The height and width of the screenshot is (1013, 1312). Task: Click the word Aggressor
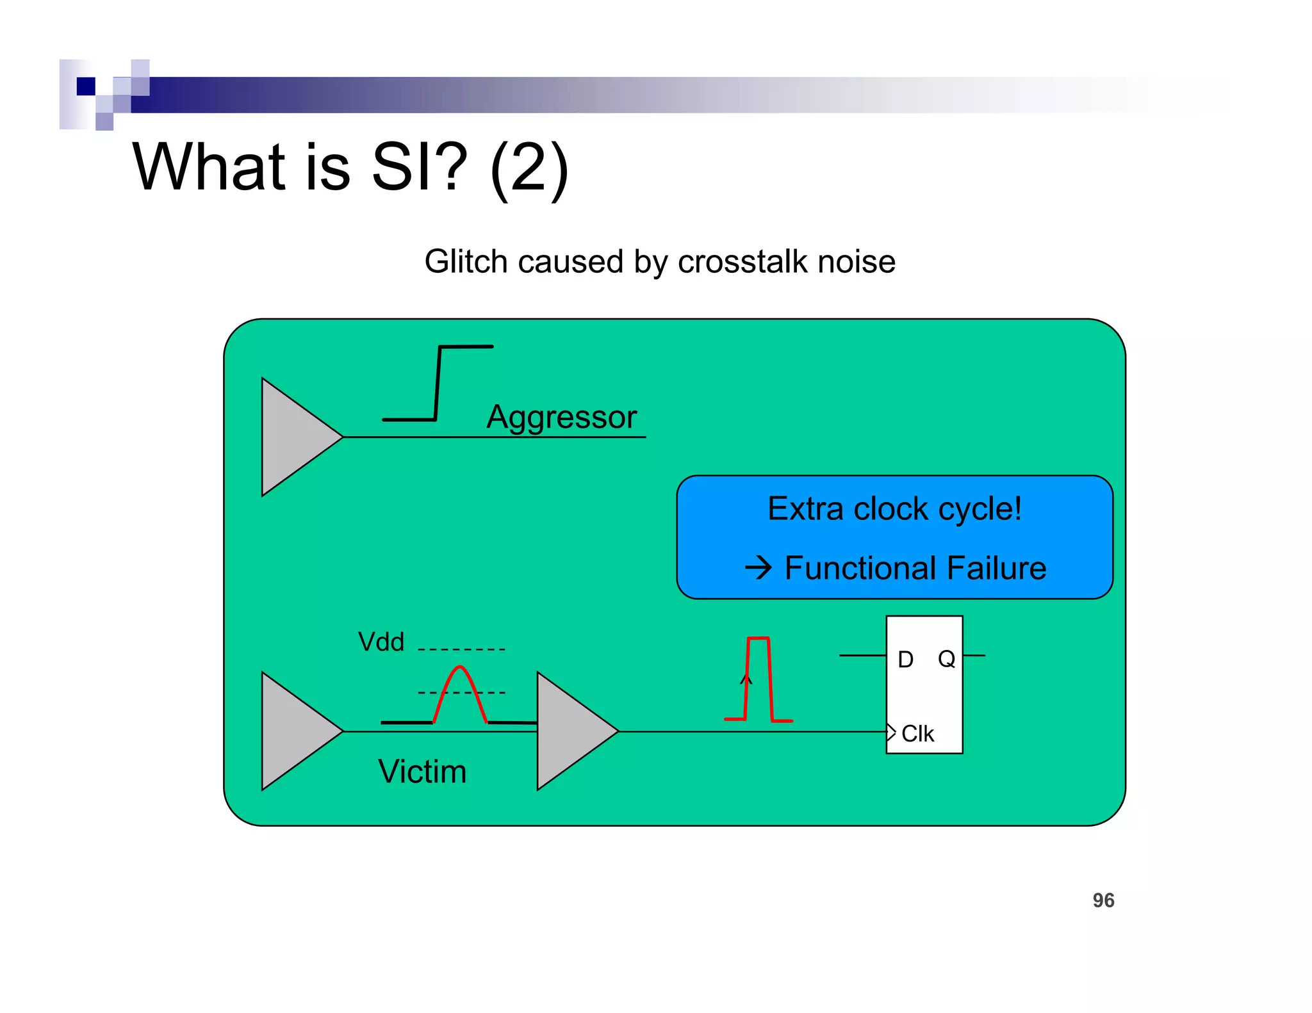tap(561, 417)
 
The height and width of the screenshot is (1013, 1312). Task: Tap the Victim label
tap(422, 771)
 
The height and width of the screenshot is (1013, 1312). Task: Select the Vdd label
tap(381, 642)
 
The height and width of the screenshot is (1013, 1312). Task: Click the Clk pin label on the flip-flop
tap(917, 734)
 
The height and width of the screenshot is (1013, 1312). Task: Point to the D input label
tap(905, 660)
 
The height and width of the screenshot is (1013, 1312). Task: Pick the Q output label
tap(946, 659)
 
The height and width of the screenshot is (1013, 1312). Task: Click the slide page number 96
tap(1103, 900)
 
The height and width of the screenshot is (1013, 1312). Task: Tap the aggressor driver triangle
tap(295, 437)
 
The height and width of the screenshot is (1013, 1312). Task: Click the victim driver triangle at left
tap(295, 731)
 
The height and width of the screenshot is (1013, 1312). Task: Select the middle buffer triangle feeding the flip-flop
tap(570, 731)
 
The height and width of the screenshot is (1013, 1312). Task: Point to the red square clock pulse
tap(758, 679)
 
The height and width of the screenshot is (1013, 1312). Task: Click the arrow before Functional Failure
tap(758, 567)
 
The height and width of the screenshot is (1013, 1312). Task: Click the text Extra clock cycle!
tap(894, 509)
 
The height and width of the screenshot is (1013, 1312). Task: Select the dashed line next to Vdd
tap(461, 649)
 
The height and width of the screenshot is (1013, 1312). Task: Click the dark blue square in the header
tap(86, 86)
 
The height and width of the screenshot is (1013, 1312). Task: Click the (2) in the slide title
tap(529, 168)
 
